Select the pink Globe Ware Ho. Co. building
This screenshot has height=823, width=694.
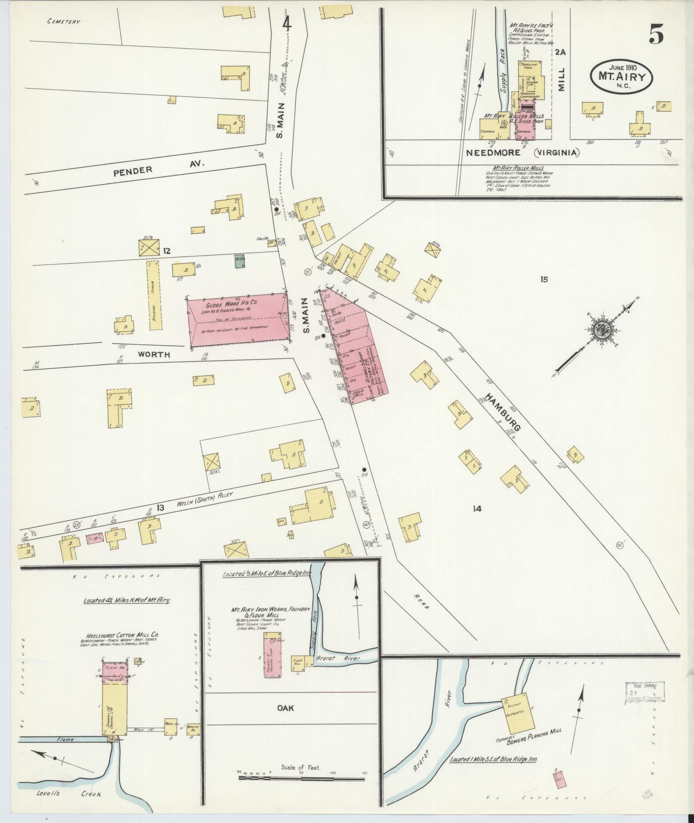point(238,320)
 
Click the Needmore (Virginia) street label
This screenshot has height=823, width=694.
point(523,152)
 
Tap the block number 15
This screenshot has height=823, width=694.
point(544,280)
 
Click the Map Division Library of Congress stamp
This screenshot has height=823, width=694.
point(644,693)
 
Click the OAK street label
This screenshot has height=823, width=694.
point(286,707)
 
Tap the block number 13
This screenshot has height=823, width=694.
point(160,508)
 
